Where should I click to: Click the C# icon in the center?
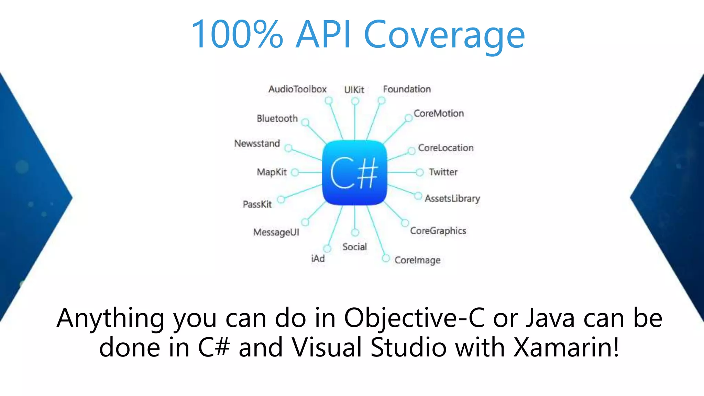pos(354,173)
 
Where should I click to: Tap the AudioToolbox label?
pos(297,89)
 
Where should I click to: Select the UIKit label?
pos(354,90)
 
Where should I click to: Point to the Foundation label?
pos(407,89)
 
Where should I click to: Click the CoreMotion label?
pos(439,113)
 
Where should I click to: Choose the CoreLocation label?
pos(445,148)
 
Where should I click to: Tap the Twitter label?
pos(443,172)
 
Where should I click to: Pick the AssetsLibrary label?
pos(452,199)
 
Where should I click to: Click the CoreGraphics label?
pos(438,231)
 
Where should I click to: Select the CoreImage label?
pos(417,260)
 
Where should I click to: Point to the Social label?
pos(354,247)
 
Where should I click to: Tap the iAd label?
pos(318,258)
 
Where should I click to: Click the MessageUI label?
pos(276,232)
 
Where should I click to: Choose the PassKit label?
pos(257,205)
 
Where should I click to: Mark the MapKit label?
pos(272,172)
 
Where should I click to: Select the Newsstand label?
pos(257,143)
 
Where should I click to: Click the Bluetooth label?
pos(277,119)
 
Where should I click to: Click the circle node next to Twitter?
pos(419,172)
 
